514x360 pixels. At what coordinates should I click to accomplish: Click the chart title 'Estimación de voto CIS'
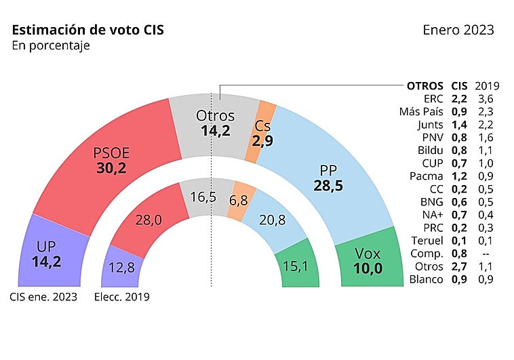tap(87, 31)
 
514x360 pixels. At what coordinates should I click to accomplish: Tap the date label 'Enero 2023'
tap(458, 31)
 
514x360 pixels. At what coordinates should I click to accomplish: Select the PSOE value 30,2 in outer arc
tap(111, 169)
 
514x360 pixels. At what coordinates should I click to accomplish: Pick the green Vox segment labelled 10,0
tap(368, 260)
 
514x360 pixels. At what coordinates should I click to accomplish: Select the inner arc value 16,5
tap(204, 197)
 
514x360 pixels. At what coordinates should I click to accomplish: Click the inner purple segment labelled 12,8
tap(121, 268)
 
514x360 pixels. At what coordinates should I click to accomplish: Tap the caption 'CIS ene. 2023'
tap(43, 296)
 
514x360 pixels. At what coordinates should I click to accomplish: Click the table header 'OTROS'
tap(424, 86)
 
